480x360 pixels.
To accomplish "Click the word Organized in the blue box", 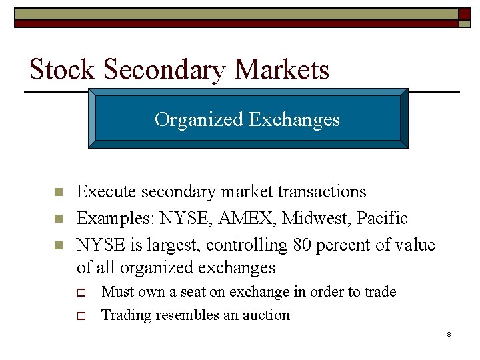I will pyautogui.click(x=199, y=119).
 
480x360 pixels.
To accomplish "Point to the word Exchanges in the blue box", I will pyautogui.click(x=294, y=119).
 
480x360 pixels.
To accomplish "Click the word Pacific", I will pyautogui.click(x=382, y=219).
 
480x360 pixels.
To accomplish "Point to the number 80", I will pyautogui.click(x=302, y=245).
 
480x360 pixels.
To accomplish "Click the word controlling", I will pyautogui.click(x=247, y=245).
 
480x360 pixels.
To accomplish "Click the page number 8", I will pyautogui.click(x=449, y=333).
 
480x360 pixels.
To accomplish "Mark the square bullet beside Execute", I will pyautogui.click(x=57, y=193).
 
